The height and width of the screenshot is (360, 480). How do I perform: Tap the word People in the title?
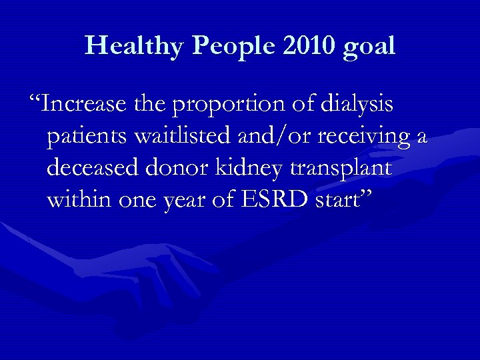tap(223, 46)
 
